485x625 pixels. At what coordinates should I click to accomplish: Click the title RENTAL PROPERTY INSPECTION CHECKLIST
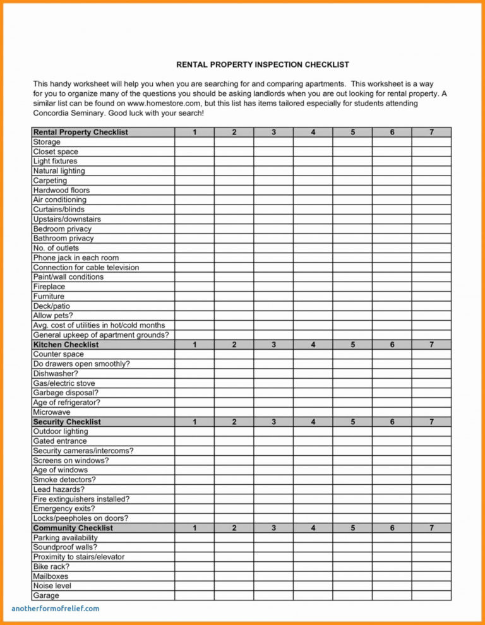[262, 64]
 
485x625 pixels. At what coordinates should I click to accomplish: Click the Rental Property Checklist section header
[80, 132]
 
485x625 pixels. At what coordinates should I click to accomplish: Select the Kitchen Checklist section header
[66, 345]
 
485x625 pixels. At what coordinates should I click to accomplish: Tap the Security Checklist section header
[67, 422]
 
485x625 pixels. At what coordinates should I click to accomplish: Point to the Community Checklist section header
[73, 528]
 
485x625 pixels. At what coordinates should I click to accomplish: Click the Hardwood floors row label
[61, 190]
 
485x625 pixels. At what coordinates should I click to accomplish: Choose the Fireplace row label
[49, 287]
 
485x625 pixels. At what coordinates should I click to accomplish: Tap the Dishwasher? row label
[56, 374]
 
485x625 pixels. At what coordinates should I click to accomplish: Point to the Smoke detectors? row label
[64, 480]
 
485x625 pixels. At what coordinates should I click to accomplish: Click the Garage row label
[46, 595]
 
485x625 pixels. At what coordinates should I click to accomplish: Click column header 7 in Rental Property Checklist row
[431, 132]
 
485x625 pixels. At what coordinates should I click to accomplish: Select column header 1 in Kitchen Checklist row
[195, 345]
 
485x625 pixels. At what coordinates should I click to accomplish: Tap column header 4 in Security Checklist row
[313, 422]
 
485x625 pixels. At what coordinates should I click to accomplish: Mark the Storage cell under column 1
[195, 142]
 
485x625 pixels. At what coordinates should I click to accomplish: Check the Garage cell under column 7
[431, 595]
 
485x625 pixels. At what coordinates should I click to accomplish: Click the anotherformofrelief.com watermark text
[56, 609]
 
